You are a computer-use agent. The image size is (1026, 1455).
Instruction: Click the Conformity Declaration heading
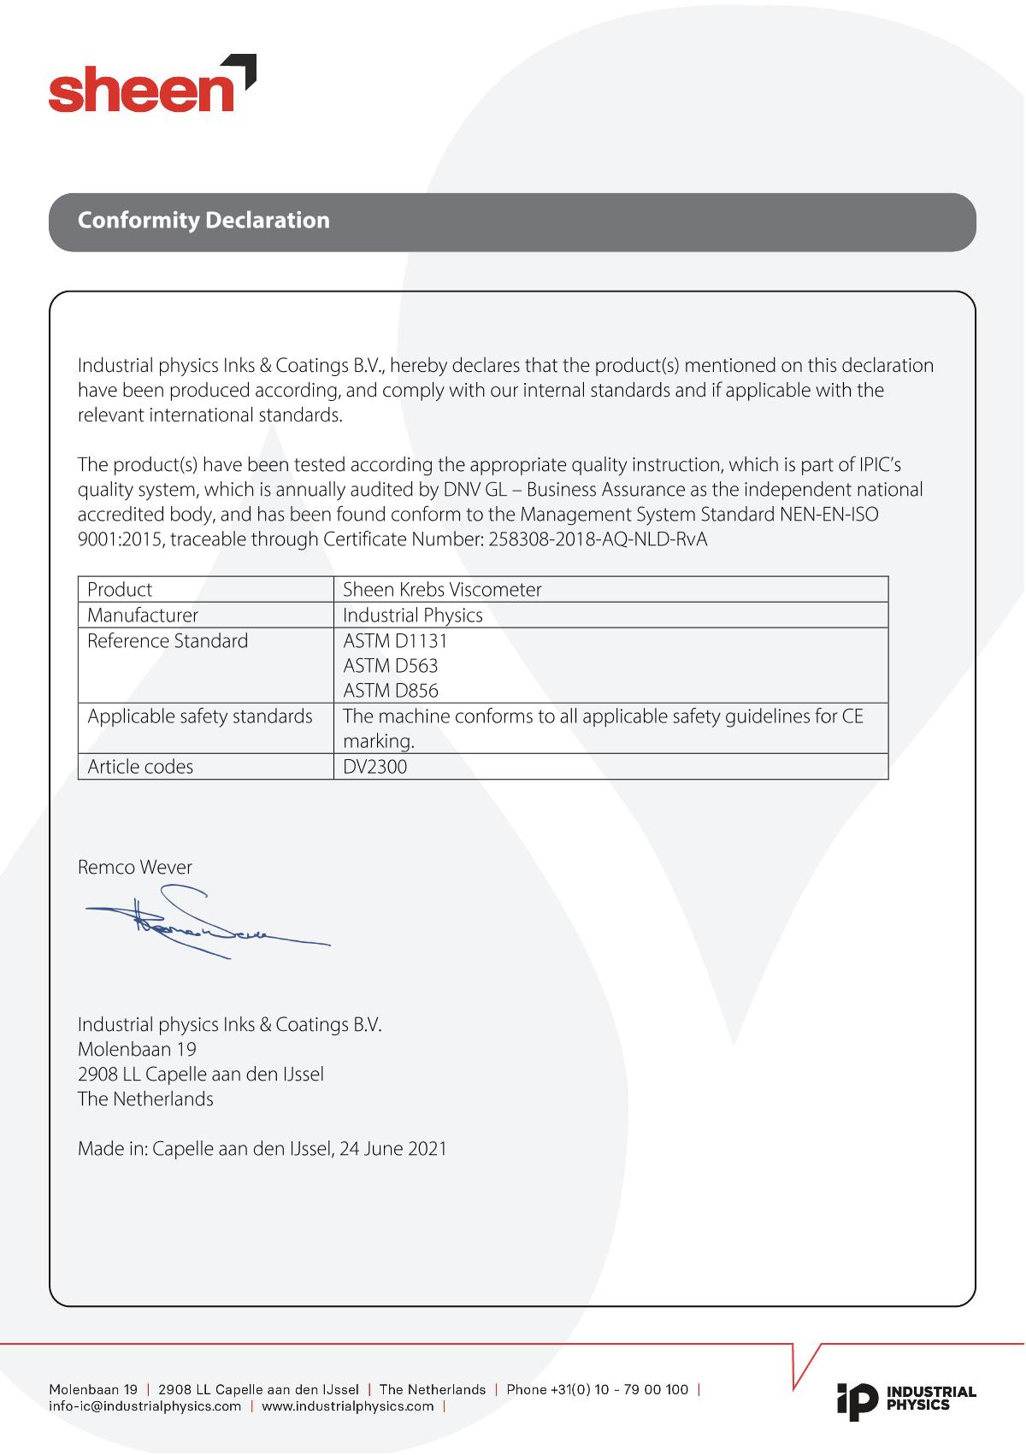[x=203, y=221]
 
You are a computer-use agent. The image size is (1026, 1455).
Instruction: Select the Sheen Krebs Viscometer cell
[x=442, y=590]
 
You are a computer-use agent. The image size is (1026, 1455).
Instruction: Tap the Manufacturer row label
[x=143, y=616]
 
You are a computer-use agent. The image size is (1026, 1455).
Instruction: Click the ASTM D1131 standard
[x=395, y=640]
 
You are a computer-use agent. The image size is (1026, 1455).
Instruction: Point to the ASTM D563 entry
[x=390, y=666]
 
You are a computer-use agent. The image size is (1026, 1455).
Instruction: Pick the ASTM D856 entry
[x=390, y=691]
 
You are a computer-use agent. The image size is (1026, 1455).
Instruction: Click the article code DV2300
[x=374, y=767]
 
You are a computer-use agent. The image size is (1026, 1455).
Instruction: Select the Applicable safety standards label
[x=200, y=716]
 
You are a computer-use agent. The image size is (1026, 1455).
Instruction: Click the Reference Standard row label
[x=168, y=641]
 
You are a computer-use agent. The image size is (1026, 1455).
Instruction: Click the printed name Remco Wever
[x=135, y=868]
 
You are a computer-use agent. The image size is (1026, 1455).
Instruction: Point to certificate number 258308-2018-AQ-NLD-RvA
[x=598, y=540]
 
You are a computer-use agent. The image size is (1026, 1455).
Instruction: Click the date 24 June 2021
[x=393, y=1148]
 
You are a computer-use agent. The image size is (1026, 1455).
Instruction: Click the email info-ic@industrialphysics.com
[x=145, y=1407]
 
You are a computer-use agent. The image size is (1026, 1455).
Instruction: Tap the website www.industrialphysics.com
[x=348, y=1407]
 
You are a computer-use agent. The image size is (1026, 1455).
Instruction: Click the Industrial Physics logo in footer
[x=906, y=1399]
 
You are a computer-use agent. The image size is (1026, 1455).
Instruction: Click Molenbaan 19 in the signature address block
[x=137, y=1049]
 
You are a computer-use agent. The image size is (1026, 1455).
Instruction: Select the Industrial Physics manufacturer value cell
[x=413, y=616]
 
